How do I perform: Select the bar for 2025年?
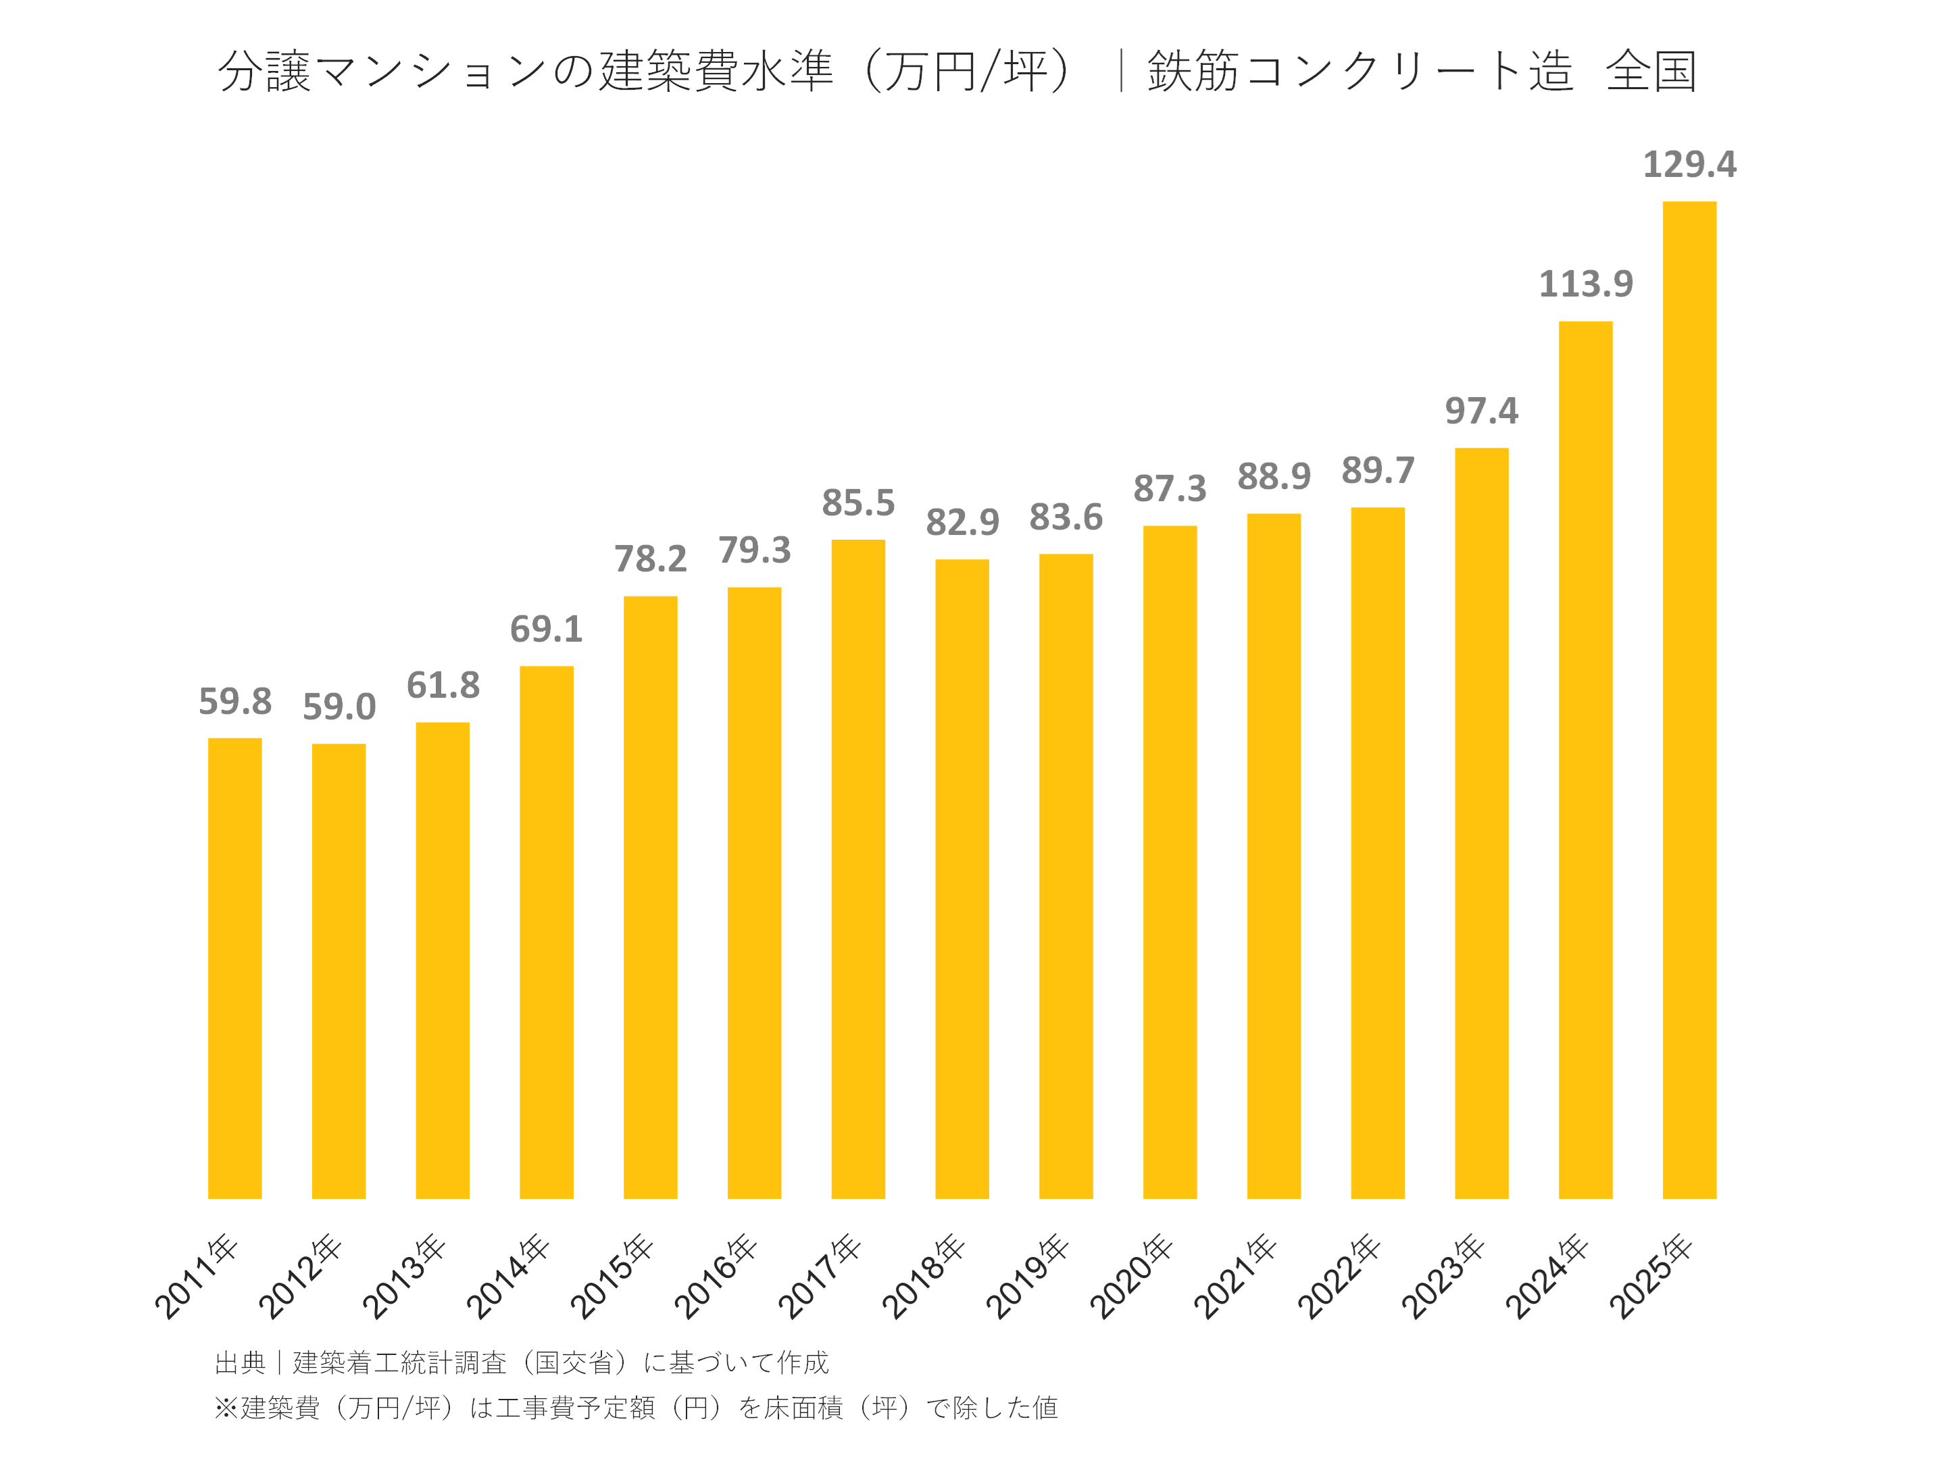point(1689,699)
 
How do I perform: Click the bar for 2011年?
point(235,967)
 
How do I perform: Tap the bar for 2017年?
point(857,868)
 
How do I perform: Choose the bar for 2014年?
point(547,932)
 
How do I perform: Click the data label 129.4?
point(1689,164)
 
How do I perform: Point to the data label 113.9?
point(1585,284)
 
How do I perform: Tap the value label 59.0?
point(339,706)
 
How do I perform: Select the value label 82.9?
point(962,522)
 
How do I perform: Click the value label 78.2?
point(650,559)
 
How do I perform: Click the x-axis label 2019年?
point(1028,1276)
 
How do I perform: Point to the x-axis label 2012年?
point(300,1276)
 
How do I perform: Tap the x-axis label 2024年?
point(1547,1276)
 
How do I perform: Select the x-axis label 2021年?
point(1235,1276)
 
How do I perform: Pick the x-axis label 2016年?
point(716,1276)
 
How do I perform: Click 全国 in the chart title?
point(1651,71)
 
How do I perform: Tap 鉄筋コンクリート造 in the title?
point(1360,71)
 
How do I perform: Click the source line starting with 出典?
point(521,1362)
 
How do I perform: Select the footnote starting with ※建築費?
point(635,1407)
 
